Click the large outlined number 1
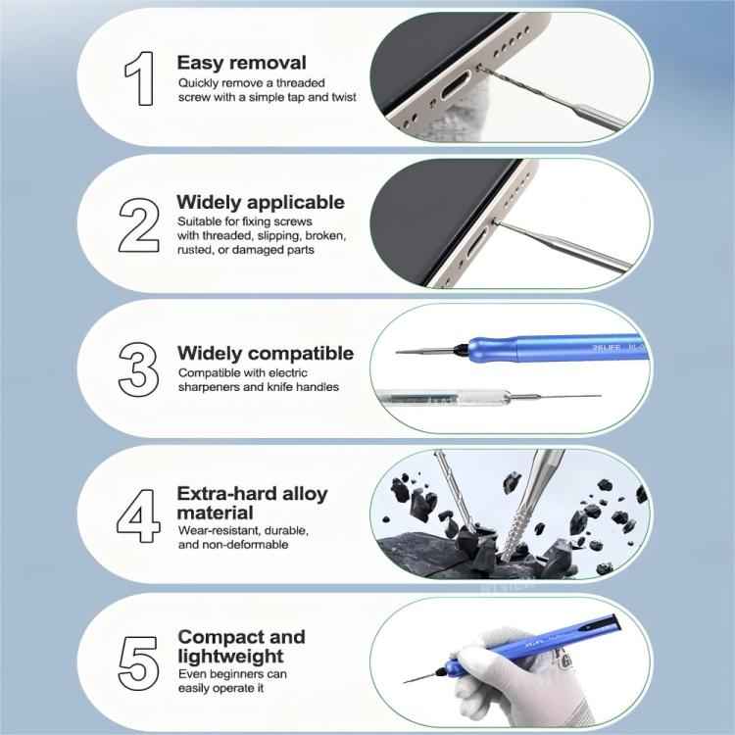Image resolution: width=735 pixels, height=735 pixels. point(138,77)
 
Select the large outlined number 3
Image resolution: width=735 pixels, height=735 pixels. point(138,369)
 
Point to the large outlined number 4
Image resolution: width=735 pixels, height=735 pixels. point(138,517)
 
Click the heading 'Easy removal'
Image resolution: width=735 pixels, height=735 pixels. point(241,63)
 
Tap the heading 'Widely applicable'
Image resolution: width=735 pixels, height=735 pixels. point(261,202)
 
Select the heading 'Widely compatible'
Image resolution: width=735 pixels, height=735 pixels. point(266,353)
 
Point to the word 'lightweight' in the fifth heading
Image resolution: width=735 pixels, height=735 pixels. point(230,656)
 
